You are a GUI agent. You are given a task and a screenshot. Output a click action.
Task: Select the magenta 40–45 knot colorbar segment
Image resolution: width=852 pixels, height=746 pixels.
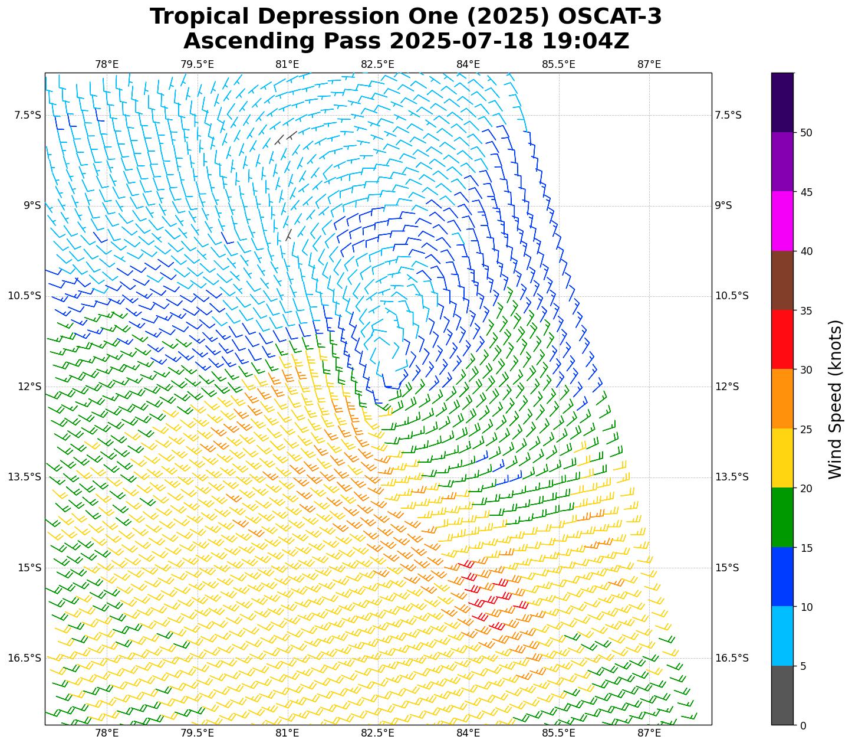pyautogui.click(x=782, y=221)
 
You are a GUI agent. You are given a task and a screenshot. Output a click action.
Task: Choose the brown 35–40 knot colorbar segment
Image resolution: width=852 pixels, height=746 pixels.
pyautogui.click(x=782, y=280)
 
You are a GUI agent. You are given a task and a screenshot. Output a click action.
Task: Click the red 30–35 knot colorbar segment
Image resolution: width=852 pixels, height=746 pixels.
pyautogui.click(x=782, y=339)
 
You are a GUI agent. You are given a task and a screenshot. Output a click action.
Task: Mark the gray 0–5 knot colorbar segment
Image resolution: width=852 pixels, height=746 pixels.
pyautogui.click(x=782, y=695)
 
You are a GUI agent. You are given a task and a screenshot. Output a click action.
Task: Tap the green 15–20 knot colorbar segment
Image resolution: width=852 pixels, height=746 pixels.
pyautogui.click(x=782, y=518)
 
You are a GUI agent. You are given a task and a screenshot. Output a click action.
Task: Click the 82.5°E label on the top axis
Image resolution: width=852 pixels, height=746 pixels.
pyautogui.click(x=378, y=64)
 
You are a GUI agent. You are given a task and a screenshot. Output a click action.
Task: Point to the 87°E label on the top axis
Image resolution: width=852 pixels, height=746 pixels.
pyautogui.click(x=649, y=64)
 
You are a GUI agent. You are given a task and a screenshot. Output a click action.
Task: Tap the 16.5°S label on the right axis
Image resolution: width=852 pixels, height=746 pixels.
pyautogui.click(x=732, y=658)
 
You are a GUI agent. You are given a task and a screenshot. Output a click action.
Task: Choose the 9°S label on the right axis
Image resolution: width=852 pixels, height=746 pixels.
pyautogui.click(x=723, y=205)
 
